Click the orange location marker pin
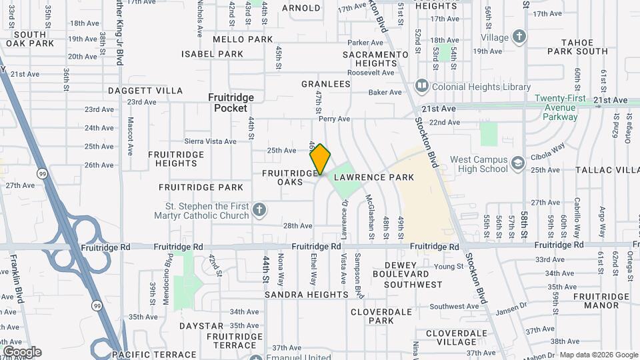click(320, 159)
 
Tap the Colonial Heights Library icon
click(421, 86)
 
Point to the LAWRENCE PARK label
click(374, 177)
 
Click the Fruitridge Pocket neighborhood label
click(231, 102)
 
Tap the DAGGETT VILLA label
click(145, 91)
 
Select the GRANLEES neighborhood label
click(325, 84)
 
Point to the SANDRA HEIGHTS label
click(306, 295)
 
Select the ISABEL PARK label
click(213, 54)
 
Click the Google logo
click(22, 351)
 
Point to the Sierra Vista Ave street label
click(211, 141)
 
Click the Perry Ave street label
click(334, 119)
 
